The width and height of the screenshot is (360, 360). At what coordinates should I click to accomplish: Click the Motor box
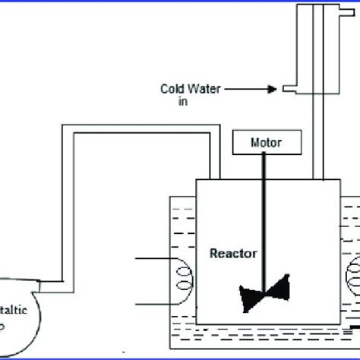tap(259, 142)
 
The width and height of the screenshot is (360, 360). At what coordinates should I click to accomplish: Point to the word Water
tap(201, 88)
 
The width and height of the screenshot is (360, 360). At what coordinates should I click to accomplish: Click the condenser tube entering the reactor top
tap(314, 171)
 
